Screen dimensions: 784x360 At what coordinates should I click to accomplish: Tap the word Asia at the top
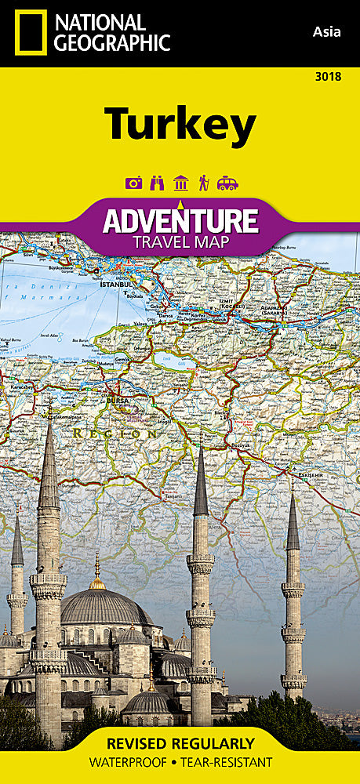(x=325, y=32)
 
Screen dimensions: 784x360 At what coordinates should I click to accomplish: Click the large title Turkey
(x=180, y=125)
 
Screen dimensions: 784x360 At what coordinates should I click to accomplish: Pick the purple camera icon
(x=134, y=183)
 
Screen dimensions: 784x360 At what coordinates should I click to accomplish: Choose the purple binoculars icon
(x=157, y=183)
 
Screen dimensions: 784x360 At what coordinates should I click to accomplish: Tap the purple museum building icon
(x=180, y=183)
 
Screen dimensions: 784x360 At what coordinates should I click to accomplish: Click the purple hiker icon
(x=203, y=183)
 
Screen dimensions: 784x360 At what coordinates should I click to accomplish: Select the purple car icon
(x=227, y=183)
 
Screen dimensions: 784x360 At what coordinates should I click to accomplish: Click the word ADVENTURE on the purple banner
(x=180, y=220)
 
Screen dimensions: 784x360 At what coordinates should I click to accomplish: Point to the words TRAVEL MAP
(x=181, y=241)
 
